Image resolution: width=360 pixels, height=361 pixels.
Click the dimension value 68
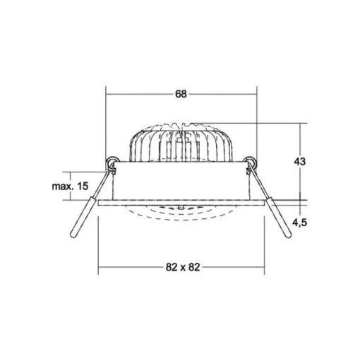click(x=181, y=94)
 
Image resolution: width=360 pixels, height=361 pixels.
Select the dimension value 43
click(x=299, y=162)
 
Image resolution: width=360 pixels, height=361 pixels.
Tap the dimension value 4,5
click(x=299, y=222)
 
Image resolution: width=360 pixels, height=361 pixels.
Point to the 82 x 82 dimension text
click(x=183, y=267)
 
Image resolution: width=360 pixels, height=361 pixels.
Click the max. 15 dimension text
click(x=70, y=187)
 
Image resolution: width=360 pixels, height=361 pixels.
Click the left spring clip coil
click(x=111, y=162)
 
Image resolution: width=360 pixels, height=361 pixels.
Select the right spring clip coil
click(x=251, y=162)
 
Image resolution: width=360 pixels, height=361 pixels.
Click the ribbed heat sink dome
click(x=181, y=143)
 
